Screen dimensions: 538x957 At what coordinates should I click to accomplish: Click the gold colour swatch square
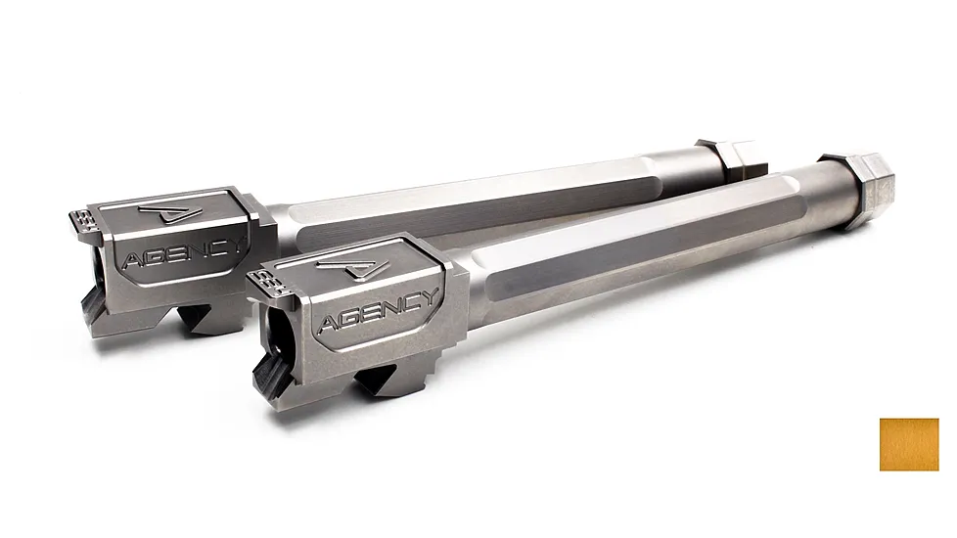[908, 444]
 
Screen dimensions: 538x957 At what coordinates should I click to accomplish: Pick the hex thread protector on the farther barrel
[729, 157]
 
